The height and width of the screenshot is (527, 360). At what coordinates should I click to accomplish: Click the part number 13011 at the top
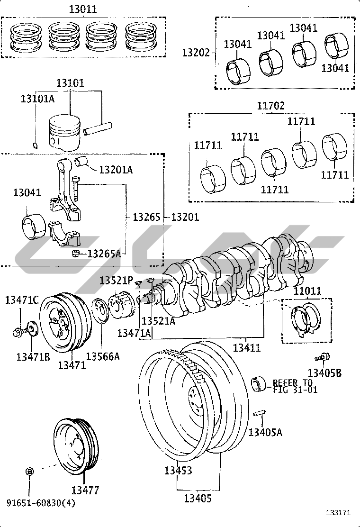click(x=83, y=9)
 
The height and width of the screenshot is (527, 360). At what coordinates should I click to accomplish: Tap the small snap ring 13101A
click(x=36, y=145)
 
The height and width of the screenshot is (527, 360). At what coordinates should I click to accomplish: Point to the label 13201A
click(x=116, y=169)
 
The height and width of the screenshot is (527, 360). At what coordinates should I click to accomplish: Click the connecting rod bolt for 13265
click(x=76, y=188)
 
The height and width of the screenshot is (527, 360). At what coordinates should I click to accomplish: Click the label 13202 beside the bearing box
click(x=196, y=53)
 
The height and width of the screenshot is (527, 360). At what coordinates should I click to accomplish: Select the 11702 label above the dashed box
click(x=270, y=106)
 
